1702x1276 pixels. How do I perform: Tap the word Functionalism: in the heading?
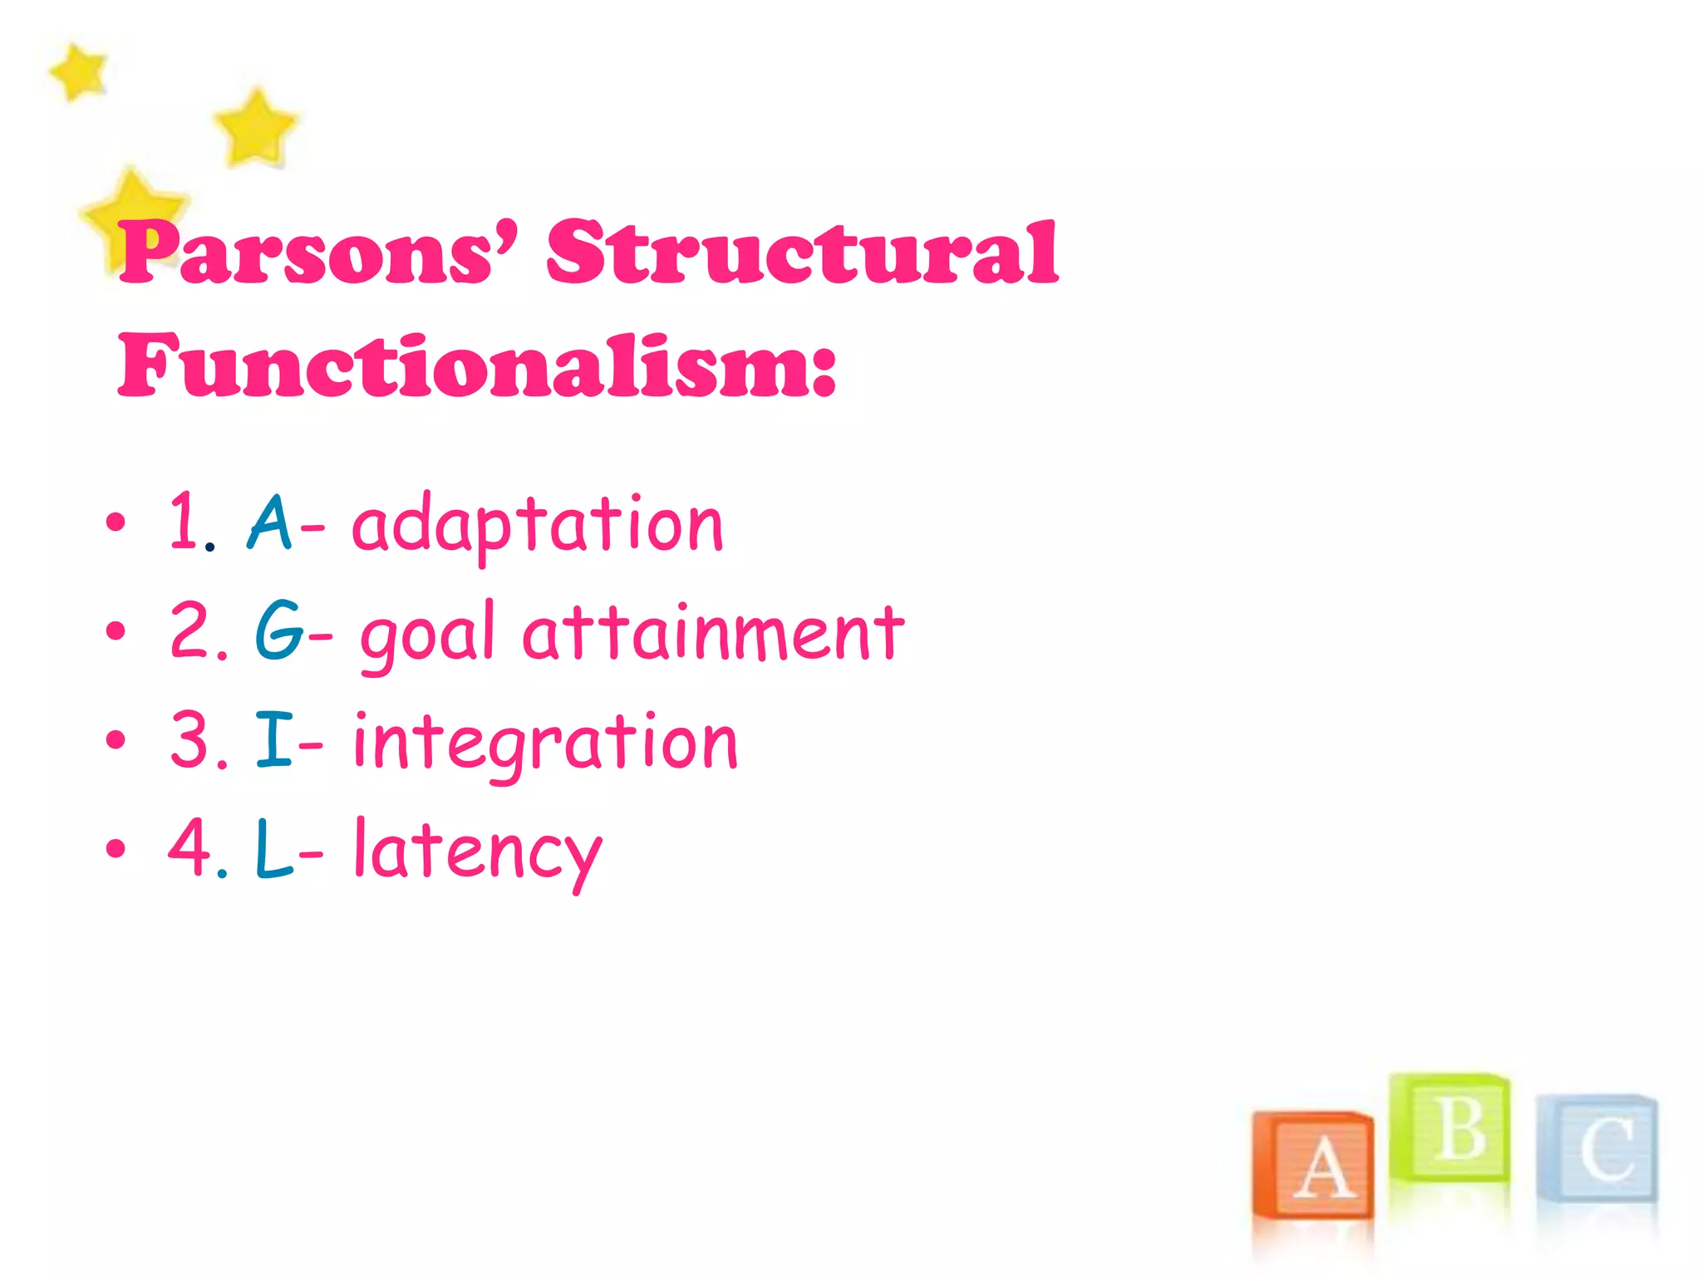point(477,366)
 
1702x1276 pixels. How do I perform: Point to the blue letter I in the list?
point(273,739)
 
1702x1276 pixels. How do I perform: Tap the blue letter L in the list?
point(274,848)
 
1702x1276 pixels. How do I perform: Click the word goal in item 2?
point(427,635)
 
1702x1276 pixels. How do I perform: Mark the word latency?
point(478,851)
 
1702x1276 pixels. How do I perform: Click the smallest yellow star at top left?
point(79,71)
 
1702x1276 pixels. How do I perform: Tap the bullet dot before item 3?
point(116,739)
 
